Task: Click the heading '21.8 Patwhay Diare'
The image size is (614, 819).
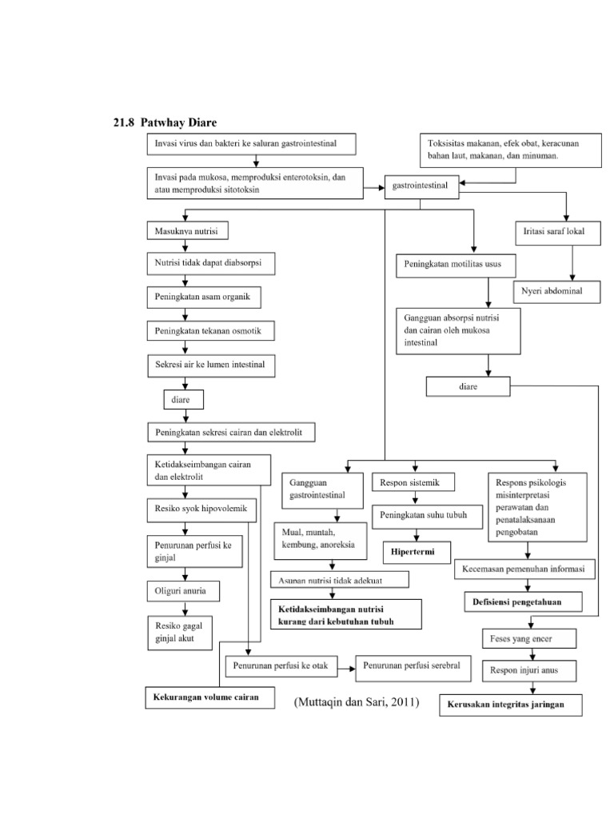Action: (165, 122)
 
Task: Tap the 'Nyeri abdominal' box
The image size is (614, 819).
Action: (558, 292)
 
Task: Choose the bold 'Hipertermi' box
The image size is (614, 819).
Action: (416, 552)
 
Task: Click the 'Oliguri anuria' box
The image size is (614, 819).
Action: (183, 592)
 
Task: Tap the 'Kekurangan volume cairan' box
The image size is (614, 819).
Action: (205, 697)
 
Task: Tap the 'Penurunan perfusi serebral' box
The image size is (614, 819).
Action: (417, 665)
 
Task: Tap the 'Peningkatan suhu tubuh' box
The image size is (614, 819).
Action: (422, 515)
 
